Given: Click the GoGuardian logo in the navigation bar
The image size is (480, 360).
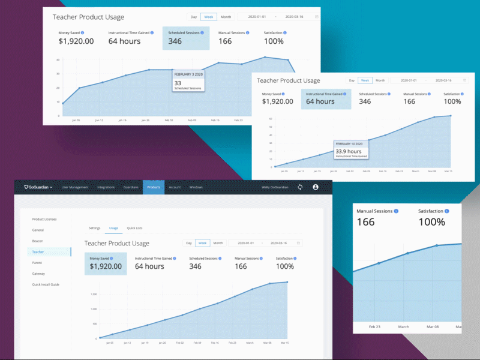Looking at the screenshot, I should (38, 187).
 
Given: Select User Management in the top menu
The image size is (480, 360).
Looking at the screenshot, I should (75, 187).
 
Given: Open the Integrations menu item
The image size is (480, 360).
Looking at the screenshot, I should (106, 187).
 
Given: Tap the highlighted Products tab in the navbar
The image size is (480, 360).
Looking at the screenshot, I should (154, 187).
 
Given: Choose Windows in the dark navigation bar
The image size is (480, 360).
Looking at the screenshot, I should (196, 187).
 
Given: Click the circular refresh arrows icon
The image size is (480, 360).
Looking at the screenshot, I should (300, 187).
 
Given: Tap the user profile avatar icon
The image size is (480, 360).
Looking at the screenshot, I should (316, 187).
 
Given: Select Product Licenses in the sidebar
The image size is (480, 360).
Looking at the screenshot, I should (44, 219).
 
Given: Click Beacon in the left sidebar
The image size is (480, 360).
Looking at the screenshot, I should (37, 241).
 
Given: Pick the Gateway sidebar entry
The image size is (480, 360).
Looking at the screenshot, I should (38, 274).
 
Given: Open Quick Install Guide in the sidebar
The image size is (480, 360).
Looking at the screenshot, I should (46, 284).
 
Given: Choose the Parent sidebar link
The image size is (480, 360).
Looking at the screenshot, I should (37, 263).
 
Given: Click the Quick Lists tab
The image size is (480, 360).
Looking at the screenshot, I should (134, 228).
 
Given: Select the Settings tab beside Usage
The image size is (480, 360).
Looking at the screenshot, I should (95, 228).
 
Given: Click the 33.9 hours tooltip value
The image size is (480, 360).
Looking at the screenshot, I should (348, 151).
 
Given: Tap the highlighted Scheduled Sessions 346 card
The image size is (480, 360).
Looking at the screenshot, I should (185, 38).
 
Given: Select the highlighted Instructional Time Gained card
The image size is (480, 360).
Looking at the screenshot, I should (326, 98).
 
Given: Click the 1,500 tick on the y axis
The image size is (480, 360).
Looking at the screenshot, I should (94, 294).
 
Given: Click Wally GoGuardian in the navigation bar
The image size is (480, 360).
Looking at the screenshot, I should (274, 187).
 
